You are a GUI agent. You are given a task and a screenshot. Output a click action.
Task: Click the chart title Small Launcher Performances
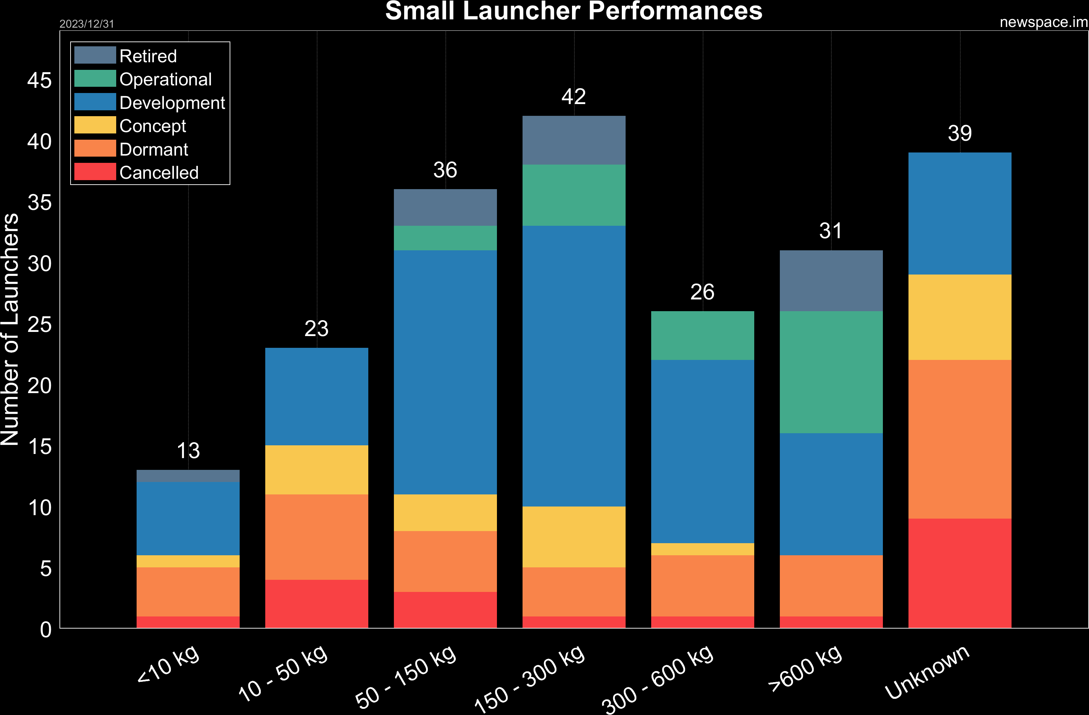(573, 11)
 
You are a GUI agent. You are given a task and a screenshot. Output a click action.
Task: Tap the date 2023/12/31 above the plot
(86, 24)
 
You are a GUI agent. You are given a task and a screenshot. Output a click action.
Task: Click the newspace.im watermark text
(1043, 22)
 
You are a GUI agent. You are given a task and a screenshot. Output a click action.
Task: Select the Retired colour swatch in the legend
(95, 55)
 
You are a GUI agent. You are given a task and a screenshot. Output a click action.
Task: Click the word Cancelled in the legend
(159, 173)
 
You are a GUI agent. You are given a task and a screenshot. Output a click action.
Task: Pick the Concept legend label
(153, 126)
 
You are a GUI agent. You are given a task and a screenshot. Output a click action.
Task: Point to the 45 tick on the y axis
(39, 81)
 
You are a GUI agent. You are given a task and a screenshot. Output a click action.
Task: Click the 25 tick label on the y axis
(39, 325)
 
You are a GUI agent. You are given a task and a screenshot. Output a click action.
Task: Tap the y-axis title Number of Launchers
(10, 329)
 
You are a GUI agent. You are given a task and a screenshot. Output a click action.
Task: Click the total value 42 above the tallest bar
(573, 96)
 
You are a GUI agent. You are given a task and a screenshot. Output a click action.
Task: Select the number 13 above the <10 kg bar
(188, 451)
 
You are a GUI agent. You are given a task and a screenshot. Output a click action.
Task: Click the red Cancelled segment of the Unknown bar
(960, 573)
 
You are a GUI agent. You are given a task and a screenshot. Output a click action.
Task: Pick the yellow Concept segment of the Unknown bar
(960, 317)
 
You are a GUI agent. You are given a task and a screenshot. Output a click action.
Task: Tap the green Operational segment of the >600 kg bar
(831, 372)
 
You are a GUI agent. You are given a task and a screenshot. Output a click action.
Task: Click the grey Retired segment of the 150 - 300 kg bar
(574, 140)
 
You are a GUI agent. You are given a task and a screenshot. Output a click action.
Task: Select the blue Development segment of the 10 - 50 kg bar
(317, 396)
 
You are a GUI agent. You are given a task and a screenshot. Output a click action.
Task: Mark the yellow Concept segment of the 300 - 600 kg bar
(702, 549)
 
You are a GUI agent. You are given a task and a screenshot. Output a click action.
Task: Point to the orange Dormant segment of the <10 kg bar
(188, 592)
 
